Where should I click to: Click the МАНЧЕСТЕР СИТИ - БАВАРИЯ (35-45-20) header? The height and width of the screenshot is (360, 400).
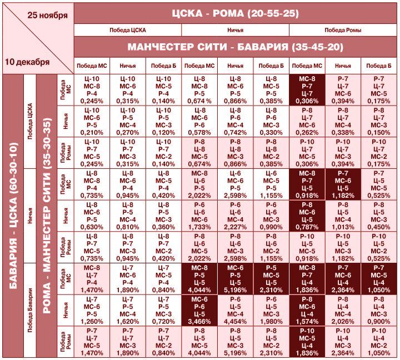pos(236,47)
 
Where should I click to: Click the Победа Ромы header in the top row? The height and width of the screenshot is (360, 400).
pos(342,30)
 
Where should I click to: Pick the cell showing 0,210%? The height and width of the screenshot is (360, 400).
pos(92,122)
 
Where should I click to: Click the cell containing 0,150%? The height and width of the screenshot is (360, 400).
pos(379,122)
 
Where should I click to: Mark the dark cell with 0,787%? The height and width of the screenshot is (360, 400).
pos(307,216)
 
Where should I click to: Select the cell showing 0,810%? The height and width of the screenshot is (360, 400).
pos(128,216)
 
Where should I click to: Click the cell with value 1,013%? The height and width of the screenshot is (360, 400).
pos(343,216)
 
